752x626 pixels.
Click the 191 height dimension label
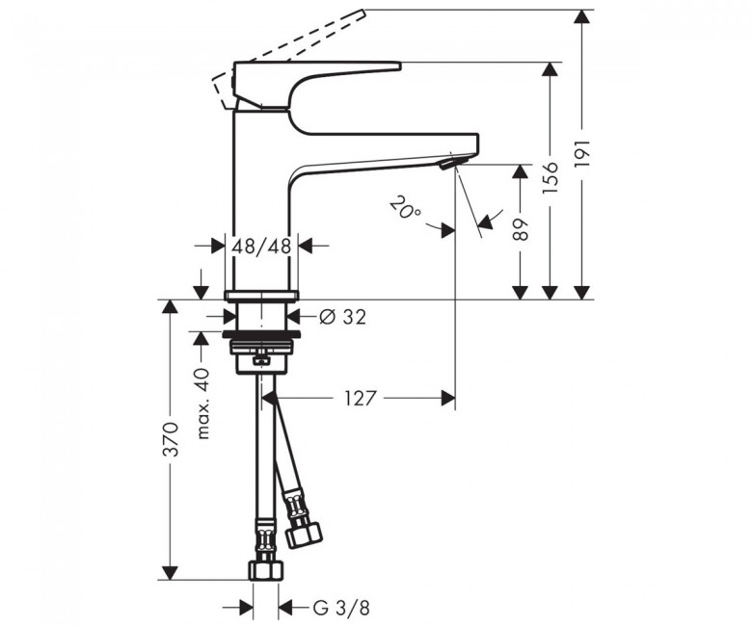(x=582, y=154)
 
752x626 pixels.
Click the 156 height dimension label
(x=551, y=177)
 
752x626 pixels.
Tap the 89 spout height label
(x=520, y=229)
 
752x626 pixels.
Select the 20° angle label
(x=405, y=208)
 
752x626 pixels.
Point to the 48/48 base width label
(x=262, y=247)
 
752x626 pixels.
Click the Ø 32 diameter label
(x=342, y=317)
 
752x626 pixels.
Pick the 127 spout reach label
(x=361, y=398)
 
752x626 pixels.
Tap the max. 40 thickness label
(x=203, y=404)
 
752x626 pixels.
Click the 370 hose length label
(x=171, y=439)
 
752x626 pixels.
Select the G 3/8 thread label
(x=341, y=609)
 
